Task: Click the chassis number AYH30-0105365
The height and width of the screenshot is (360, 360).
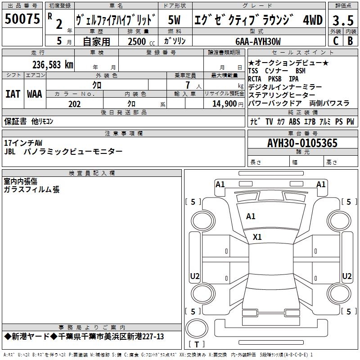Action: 302,143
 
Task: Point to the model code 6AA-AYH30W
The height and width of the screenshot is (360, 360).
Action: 258,41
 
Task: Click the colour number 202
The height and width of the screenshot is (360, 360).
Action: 74,104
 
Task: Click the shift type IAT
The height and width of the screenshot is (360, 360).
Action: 13,94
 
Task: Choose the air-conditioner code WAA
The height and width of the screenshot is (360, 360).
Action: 35,94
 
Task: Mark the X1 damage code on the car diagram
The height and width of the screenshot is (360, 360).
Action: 257,237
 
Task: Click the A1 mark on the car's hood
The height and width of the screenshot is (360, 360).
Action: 251,216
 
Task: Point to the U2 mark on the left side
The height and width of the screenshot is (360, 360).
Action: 195,276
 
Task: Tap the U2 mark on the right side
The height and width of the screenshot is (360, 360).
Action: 346,276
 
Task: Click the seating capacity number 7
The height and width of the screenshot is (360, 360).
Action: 186,85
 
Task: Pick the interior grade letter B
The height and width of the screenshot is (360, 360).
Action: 350,40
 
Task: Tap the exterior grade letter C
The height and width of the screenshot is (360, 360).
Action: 335,40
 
